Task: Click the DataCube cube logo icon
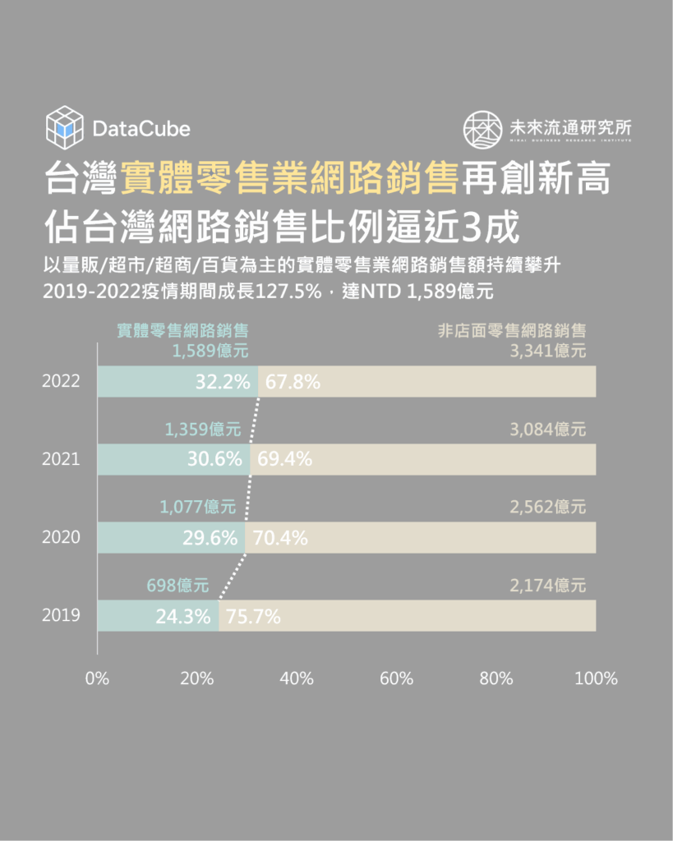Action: coord(65,127)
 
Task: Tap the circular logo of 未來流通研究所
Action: coord(482,129)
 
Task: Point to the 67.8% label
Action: coord(293,382)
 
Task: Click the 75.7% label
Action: coord(253,616)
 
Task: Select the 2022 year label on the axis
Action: coord(61,382)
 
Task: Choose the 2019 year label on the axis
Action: coord(61,615)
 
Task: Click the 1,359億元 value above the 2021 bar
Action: coord(202,429)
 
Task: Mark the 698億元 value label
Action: coord(177,586)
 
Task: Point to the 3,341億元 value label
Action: coord(548,352)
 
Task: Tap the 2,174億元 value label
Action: coord(548,586)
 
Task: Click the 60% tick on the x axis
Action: coord(396,679)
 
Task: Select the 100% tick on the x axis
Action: coord(596,679)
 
